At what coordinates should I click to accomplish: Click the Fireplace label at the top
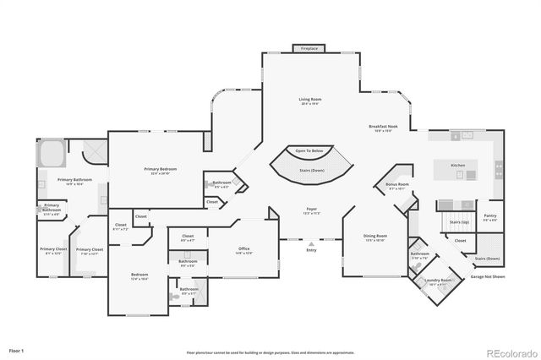click(310, 49)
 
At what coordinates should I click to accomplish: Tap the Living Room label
click(309, 100)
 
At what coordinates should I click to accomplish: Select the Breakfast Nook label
click(384, 127)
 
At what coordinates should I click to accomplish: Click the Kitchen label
click(457, 165)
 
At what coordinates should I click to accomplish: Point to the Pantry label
click(490, 215)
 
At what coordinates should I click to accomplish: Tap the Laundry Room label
click(439, 281)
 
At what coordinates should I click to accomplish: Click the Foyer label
click(312, 209)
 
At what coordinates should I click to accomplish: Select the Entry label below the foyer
click(311, 249)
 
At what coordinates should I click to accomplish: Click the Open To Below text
click(309, 150)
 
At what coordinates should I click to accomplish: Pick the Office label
click(243, 248)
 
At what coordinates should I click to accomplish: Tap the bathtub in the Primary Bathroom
click(50, 155)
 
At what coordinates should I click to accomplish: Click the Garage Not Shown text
click(488, 276)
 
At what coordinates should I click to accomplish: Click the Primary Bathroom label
click(74, 180)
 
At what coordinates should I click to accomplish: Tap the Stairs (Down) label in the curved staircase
click(312, 170)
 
